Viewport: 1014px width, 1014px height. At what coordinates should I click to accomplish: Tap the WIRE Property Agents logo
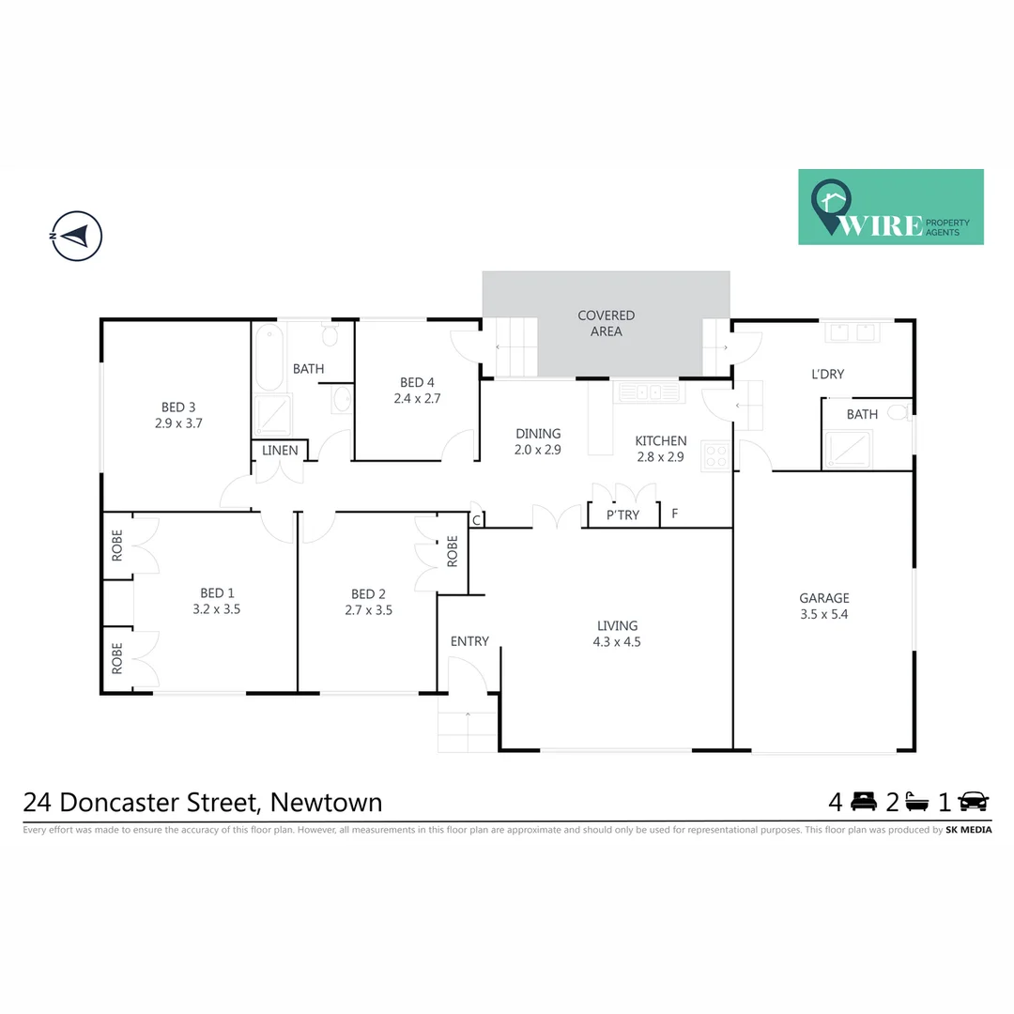890,207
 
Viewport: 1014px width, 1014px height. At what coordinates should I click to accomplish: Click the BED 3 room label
178,407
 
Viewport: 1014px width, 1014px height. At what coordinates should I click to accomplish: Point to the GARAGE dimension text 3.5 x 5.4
824,615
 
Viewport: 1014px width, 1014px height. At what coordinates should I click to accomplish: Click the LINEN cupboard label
280,451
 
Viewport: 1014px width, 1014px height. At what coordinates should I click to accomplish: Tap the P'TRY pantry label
622,515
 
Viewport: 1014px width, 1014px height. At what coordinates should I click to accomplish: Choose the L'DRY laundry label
827,374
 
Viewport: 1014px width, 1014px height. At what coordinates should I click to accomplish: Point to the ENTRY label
469,641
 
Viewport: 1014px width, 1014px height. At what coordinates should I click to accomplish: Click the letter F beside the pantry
675,514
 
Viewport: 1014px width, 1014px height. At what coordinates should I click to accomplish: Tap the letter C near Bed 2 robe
476,519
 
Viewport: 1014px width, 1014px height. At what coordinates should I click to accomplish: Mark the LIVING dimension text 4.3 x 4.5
617,643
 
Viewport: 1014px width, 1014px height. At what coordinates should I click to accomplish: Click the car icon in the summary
973,802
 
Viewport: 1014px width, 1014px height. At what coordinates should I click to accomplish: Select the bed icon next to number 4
863,802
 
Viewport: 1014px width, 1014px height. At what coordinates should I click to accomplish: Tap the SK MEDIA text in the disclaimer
968,830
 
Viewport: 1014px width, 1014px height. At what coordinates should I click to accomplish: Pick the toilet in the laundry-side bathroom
898,412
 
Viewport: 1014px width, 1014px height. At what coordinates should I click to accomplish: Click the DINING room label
538,434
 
